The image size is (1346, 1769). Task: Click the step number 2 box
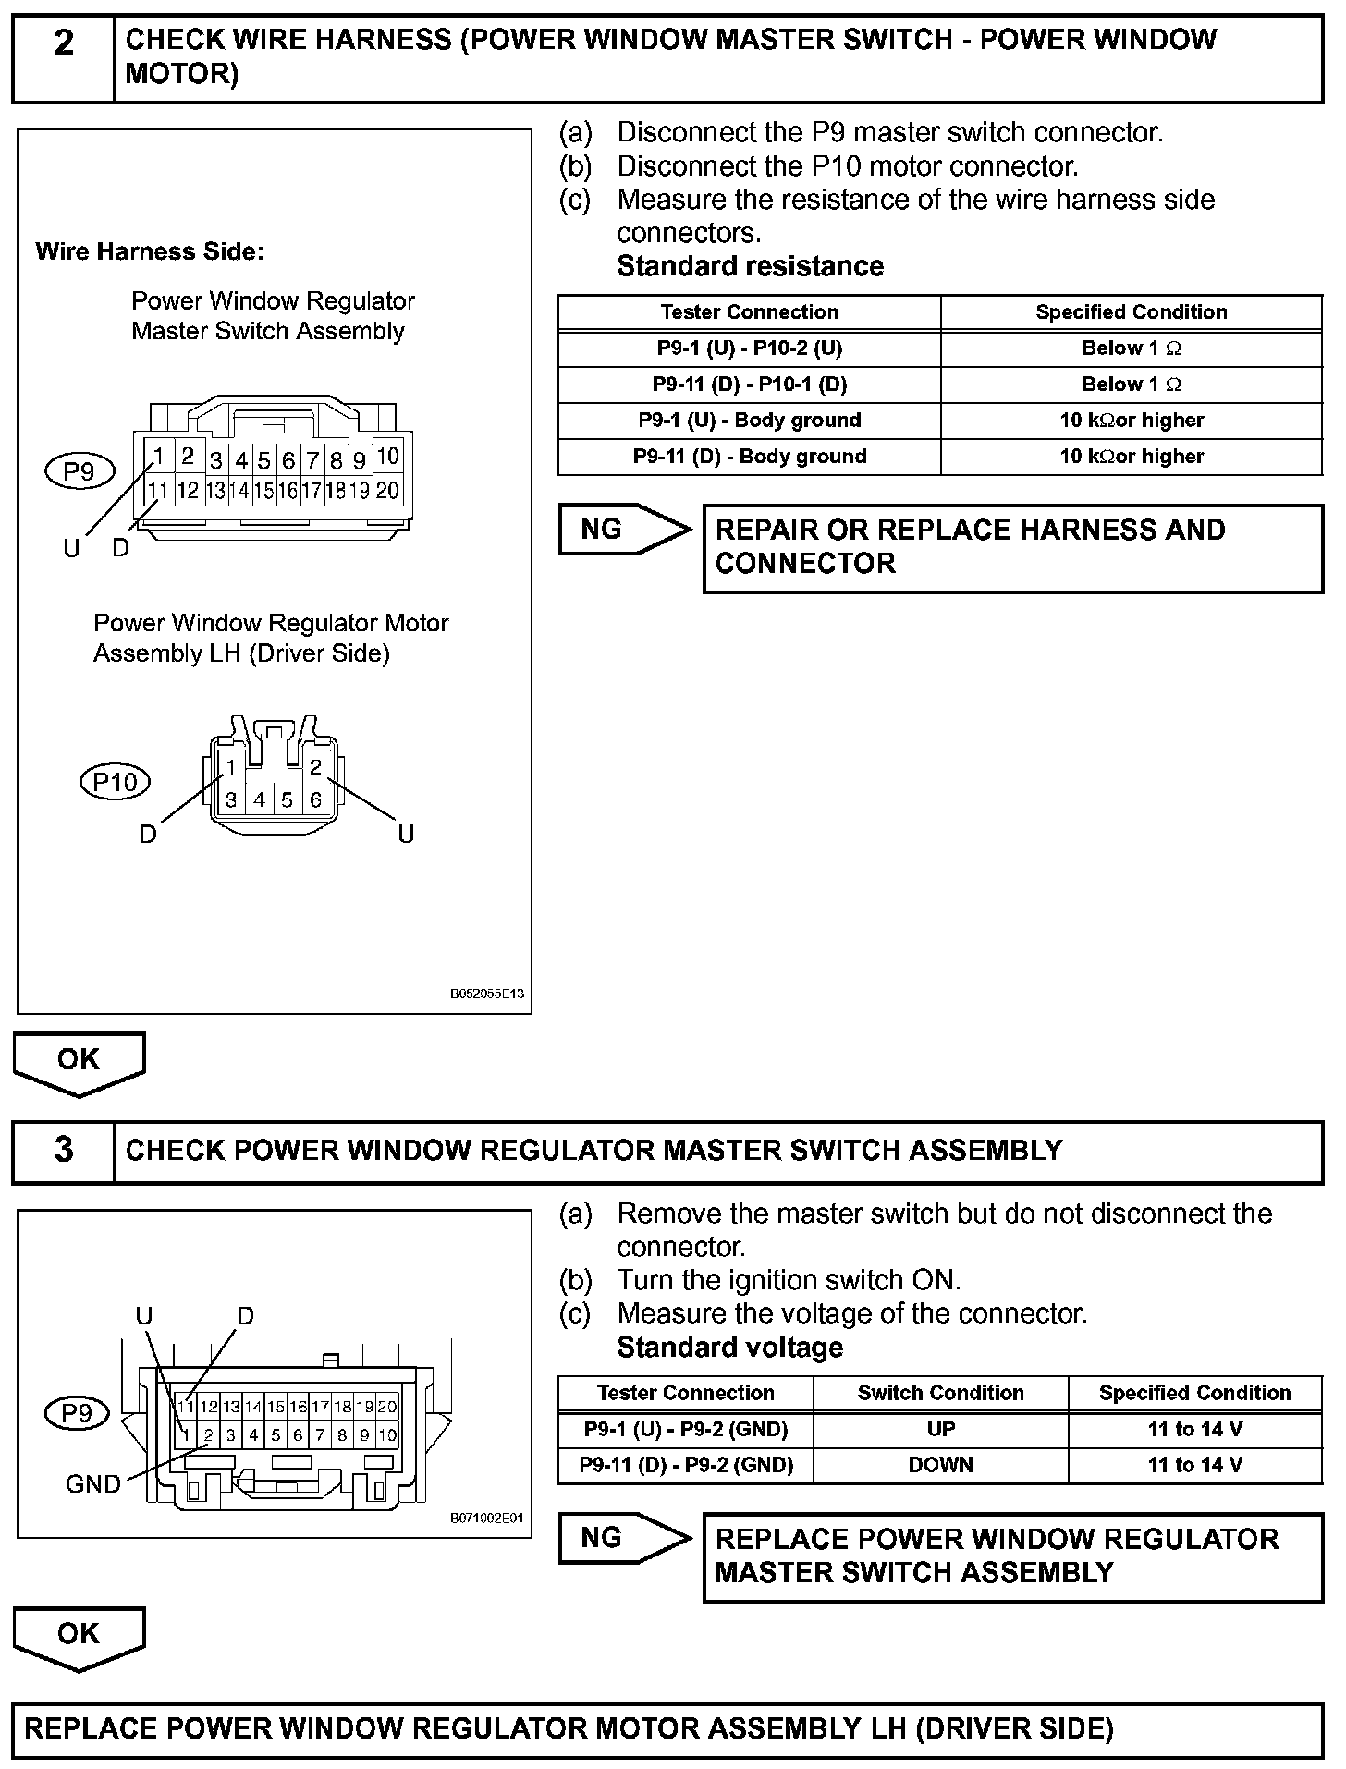63,57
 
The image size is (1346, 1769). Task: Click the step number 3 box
63,1151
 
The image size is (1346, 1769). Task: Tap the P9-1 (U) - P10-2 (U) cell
749,348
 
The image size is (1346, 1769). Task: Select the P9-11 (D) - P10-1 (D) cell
749,384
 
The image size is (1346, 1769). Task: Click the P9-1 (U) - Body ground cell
749,421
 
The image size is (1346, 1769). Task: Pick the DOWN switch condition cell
940,1465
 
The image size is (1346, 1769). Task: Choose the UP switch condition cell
940,1429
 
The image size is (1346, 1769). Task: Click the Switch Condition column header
940,1393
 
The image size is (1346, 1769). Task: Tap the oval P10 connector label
116,782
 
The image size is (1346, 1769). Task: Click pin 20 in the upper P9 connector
388,490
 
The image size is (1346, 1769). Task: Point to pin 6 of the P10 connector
315,799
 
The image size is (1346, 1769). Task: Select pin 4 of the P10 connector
259,799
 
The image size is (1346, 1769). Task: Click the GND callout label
92,1484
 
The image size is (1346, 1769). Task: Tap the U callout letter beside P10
406,835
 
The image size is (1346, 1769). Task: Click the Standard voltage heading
729,1348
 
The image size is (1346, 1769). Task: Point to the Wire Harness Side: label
150,251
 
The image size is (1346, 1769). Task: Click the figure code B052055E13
487,994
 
